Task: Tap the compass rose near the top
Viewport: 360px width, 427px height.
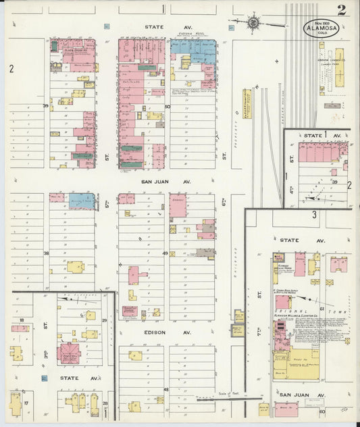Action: tap(254, 22)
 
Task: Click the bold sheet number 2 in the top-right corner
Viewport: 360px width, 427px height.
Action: tap(342, 10)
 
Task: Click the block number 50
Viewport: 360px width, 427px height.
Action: tap(167, 106)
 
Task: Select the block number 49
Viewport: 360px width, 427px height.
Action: tap(165, 253)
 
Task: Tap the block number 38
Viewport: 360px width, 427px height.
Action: tap(47, 253)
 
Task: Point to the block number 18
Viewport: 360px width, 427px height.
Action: tap(22, 320)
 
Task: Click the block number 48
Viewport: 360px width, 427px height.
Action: tap(165, 390)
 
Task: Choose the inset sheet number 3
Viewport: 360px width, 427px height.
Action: tap(314, 215)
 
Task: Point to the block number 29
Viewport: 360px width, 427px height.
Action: tap(105, 320)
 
